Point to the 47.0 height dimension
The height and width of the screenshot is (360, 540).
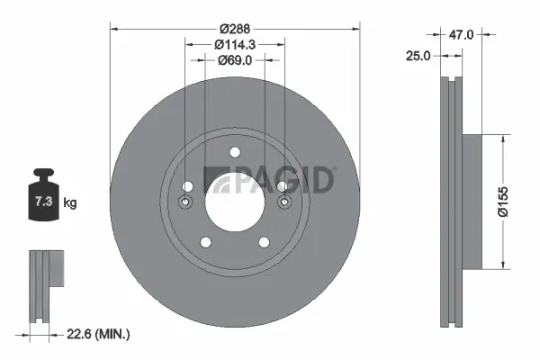(x=461, y=34)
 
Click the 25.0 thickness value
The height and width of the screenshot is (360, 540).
(x=418, y=56)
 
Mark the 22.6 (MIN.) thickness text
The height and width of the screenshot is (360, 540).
(x=99, y=334)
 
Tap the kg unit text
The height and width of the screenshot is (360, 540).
(x=70, y=203)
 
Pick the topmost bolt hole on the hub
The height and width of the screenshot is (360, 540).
(x=235, y=152)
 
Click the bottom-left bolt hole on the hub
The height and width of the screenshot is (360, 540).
(x=206, y=241)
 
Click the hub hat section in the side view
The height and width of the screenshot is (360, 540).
(x=475, y=202)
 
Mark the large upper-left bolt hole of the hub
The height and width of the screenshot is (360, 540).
(x=188, y=186)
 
